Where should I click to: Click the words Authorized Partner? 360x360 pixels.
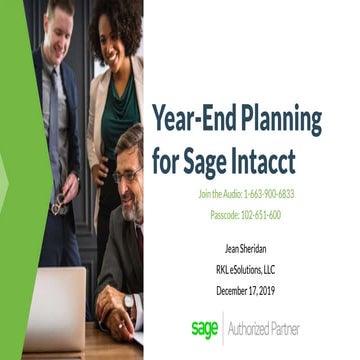click(266, 328)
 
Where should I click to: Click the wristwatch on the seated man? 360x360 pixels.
click(129, 301)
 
